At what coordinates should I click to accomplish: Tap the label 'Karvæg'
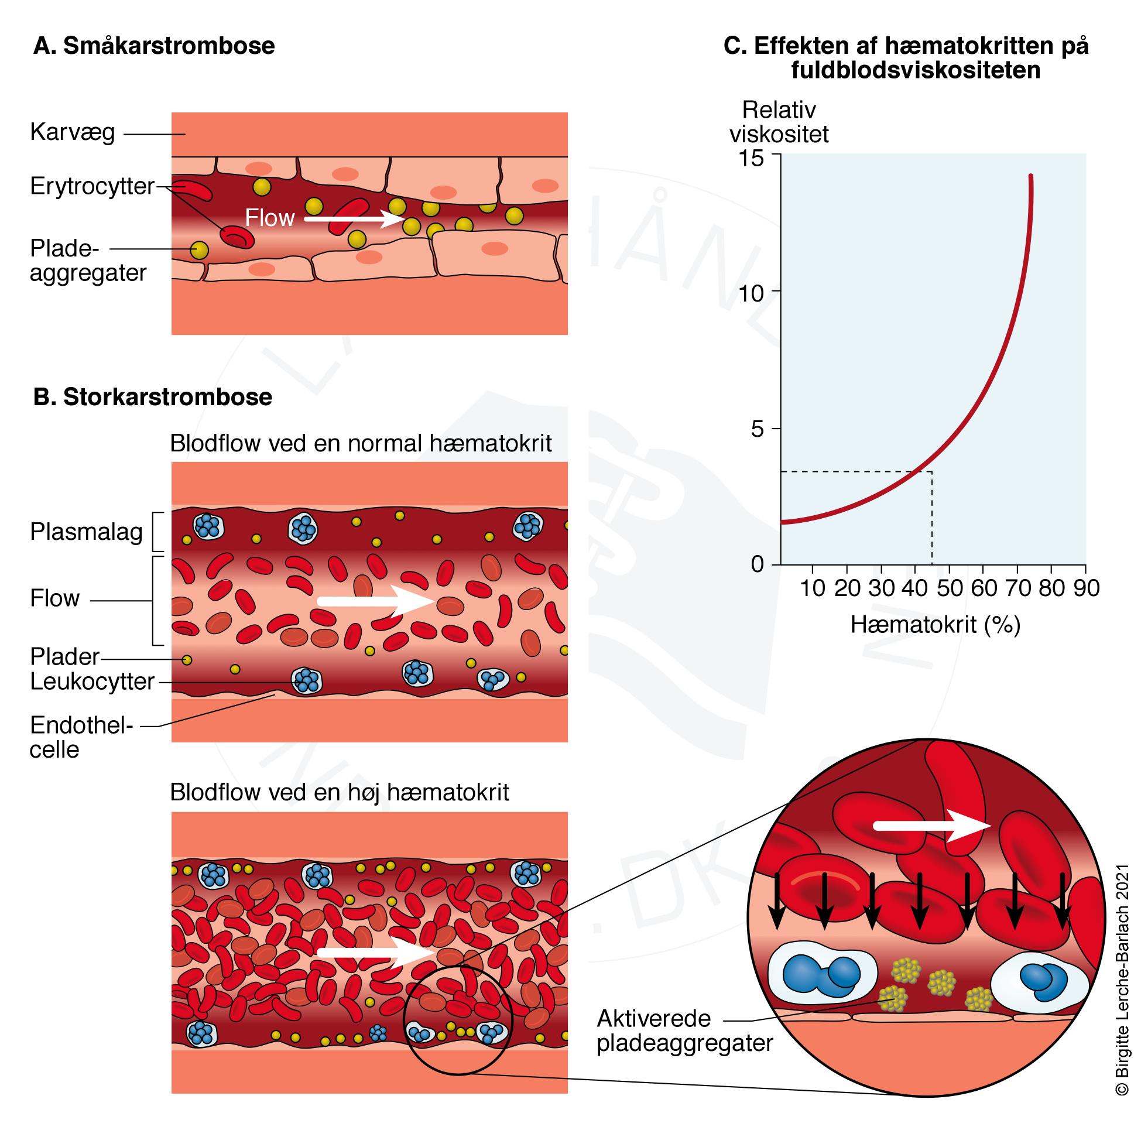pos(72,132)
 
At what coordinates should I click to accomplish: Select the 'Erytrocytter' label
pos(92,186)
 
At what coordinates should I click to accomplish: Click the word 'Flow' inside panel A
pos(269,218)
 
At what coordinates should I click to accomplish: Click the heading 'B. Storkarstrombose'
pos(152,397)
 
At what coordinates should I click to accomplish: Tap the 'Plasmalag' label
pos(86,532)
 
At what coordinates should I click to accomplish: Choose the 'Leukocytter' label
pos(92,681)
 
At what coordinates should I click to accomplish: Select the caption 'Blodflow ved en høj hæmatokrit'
pos(339,792)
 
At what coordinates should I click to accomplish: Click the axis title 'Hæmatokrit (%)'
pos(936,624)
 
